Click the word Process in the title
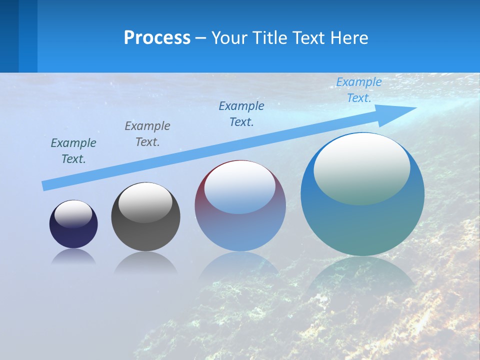click(157, 38)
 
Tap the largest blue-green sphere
click(362, 225)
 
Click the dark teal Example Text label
click(73, 151)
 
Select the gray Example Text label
click(147, 134)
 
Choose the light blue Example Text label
click(358, 90)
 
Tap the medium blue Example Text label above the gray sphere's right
click(241, 114)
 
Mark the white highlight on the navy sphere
click(73, 214)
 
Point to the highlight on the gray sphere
click(145, 202)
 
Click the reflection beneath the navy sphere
click(73, 257)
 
